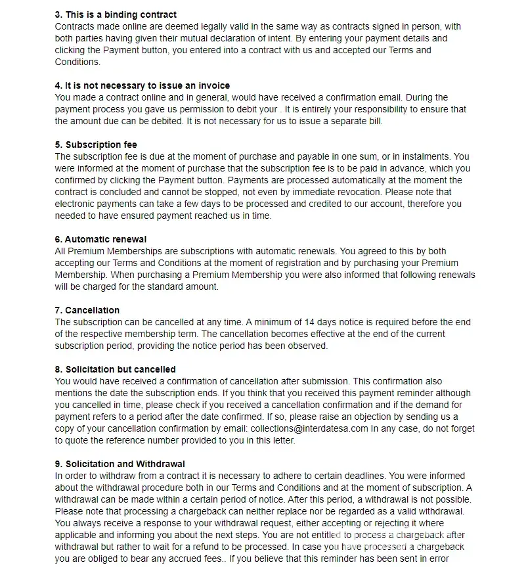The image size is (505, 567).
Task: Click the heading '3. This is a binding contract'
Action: coord(116,14)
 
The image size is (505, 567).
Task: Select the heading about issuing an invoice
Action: coord(142,85)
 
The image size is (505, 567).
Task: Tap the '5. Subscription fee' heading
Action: coord(96,145)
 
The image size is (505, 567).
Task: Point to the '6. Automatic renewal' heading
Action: coord(100,239)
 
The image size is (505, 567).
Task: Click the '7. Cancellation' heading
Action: coord(87,310)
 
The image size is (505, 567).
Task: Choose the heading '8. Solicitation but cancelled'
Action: coord(116,369)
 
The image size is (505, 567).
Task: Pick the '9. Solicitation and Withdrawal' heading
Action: coord(120,464)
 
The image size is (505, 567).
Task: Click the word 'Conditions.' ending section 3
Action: coord(77,62)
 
